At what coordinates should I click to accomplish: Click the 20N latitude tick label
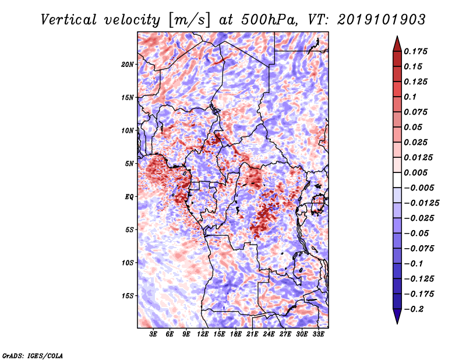tap(128, 64)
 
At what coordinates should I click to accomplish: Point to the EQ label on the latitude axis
tap(129, 196)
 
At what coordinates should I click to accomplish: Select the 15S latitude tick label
tap(128, 295)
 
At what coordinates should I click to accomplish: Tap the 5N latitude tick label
tap(129, 163)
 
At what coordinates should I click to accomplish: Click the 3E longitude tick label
tap(154, 335)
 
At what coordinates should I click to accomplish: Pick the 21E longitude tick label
tap(252, 335)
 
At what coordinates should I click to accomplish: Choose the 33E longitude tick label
tap(318, 335)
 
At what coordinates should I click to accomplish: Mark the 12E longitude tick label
tap(203, 335)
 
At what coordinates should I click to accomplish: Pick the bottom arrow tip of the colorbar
tap(397, 322)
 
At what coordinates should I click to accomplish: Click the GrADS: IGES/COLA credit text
tap(32, 355)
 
